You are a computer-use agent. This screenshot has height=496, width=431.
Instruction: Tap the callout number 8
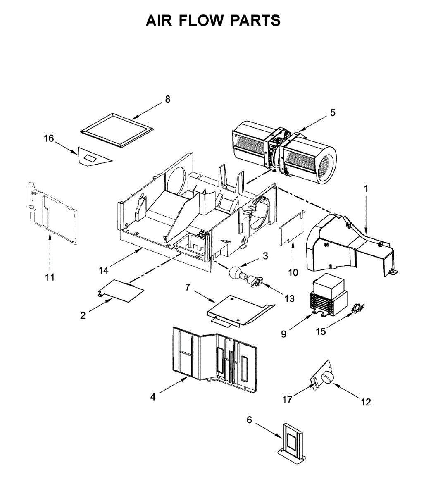pyautogui.click(x=167, y=99)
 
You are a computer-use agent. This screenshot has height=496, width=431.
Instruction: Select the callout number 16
pyautogui.click(x=49, y=138)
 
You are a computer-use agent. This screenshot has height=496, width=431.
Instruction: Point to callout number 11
pyautogui.click(x=50, y=277)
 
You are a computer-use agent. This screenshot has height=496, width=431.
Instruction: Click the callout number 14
pyautogui.click(x=104, y=270)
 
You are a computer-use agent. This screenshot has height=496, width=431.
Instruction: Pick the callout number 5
pyautogui.click(x=333, y=112)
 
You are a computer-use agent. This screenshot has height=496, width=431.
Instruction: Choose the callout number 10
pyautogui.click(x=293, y=272)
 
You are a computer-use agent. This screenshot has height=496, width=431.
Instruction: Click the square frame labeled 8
pyautogui.click(x=114, y=129)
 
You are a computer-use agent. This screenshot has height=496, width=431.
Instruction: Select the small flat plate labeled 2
pyautogui.click(x=122, y=290)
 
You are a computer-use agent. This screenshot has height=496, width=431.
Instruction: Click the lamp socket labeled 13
pyautogui.click(x=255, y=281)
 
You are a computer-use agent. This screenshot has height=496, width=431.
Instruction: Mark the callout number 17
pyautogui.click(x=287, y=399)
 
